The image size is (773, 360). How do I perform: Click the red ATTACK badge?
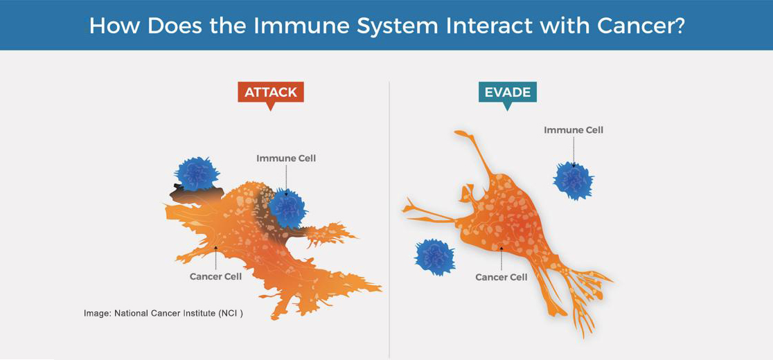[x=271, y=92]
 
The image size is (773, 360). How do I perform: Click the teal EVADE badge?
[x=508, y=92]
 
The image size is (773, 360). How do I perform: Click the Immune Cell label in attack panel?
[x=286, y=159]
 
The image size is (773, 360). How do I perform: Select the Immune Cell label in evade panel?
[x=574, y=130]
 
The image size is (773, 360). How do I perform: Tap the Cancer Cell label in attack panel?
[x=215, y=276]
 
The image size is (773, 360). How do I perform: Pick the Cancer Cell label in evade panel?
[x=501, y=277]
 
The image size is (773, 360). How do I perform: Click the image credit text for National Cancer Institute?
[x=163, y=313]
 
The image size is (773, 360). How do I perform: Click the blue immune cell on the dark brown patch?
[x=197, y=174]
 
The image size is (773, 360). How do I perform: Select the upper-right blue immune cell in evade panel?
[x=574, y=181]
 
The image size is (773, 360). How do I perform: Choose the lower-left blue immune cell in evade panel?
[x=434, y=257]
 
